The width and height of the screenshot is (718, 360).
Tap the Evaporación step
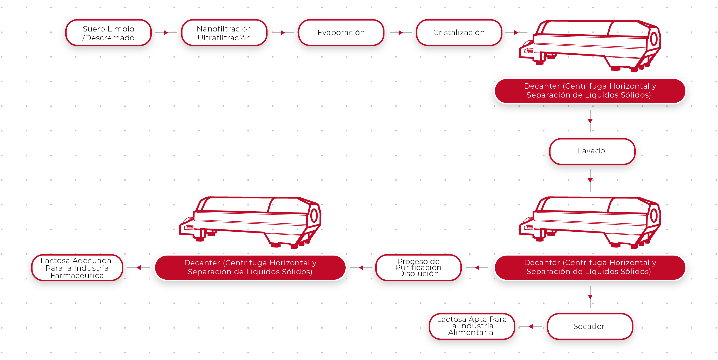pos(341,33)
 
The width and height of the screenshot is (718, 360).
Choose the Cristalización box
pos(459,33)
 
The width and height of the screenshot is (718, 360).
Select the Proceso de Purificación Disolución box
pos(418,267)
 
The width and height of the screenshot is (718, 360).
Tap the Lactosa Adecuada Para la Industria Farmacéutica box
pos(77,268)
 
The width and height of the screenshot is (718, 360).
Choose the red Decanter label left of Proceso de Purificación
pos(250,267)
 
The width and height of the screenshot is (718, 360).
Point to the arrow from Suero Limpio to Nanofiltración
pos(166,33)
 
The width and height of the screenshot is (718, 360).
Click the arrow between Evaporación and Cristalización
pos(401,33)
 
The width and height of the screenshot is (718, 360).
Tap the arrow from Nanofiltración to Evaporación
pos(283,33)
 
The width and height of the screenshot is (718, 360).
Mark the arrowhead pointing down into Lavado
pos(590,121)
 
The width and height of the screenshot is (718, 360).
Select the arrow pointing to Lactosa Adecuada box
pos(139,268)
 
